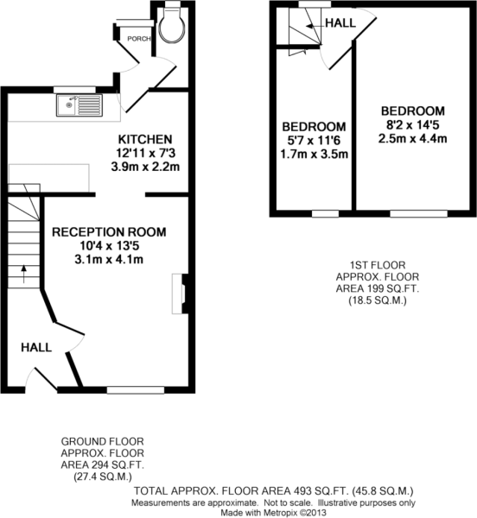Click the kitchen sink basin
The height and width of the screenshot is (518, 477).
pos(79,105)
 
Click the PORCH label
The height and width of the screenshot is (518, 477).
pos(139,39)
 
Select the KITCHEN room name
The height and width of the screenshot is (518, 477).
pos(145,139)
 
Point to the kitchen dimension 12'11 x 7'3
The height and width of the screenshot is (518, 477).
pos(145,154)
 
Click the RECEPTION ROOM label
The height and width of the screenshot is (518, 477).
pos(109,232)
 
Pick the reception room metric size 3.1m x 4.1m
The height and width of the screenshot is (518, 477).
pos(109,260)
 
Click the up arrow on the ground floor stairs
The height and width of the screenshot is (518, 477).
pos(24,275)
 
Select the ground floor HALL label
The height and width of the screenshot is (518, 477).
pos(36,348)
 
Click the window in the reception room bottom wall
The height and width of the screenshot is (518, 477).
pos(136,390)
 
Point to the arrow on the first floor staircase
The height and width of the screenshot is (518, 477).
pos(314,26)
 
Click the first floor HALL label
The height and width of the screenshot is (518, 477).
pos(340,22)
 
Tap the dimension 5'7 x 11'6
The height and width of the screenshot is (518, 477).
pos(314,141)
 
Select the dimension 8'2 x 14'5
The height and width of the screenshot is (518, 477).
pos(413,125)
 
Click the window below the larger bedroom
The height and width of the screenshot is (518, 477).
pos(419,213)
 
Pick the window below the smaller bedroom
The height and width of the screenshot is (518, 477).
pos(325,214)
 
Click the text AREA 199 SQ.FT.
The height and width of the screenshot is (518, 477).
pos(378,288)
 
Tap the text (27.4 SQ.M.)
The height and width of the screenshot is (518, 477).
pos(103,477)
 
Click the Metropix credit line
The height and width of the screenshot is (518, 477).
pos(274,513)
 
